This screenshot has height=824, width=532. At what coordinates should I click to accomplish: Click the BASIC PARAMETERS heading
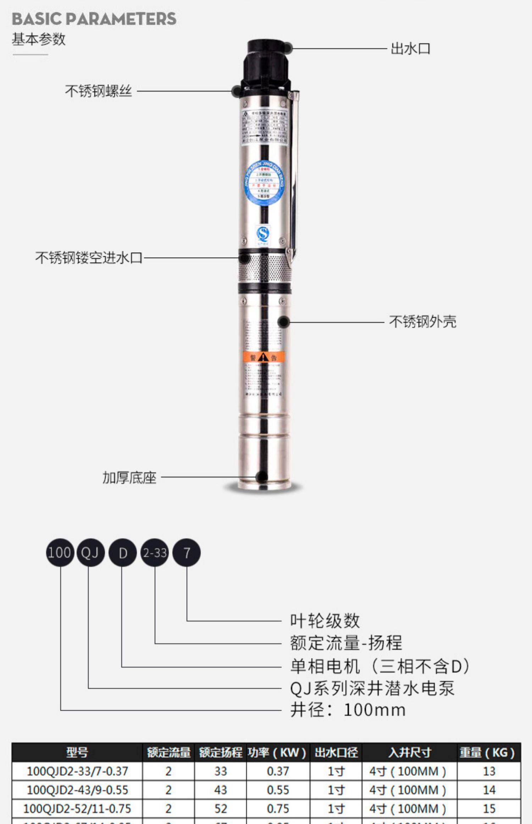coord(94,19)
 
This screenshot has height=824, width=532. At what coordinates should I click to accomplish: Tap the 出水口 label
coord(410,49)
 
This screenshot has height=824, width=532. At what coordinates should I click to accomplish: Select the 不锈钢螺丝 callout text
coord(98,91)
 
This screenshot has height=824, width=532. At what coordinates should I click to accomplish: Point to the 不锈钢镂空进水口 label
coord(89,258)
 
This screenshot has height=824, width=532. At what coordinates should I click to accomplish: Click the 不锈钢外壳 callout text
coord(422,322)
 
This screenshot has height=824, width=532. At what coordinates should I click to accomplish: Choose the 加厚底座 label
coord(129,478)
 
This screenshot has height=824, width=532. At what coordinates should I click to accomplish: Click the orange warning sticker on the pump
coord(264,357)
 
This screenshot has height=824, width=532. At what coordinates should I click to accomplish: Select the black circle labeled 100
coord(60,553)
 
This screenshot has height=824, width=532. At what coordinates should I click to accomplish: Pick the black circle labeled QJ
coord(90,553)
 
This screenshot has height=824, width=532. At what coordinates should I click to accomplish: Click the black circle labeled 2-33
coord(155,553)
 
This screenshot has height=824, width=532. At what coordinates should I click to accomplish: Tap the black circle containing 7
coord(187,553)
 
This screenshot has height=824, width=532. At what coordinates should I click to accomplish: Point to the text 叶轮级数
coord(325,621)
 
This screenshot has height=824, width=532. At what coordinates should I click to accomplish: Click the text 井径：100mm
coord(348,710)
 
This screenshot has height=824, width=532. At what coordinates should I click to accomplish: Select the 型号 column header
coord(77,752)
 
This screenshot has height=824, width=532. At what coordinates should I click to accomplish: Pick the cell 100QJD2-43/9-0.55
coord(77,790)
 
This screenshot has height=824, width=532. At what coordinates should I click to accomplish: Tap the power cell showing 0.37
coord(278,771)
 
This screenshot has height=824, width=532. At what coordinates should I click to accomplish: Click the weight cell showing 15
coord(489,809)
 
